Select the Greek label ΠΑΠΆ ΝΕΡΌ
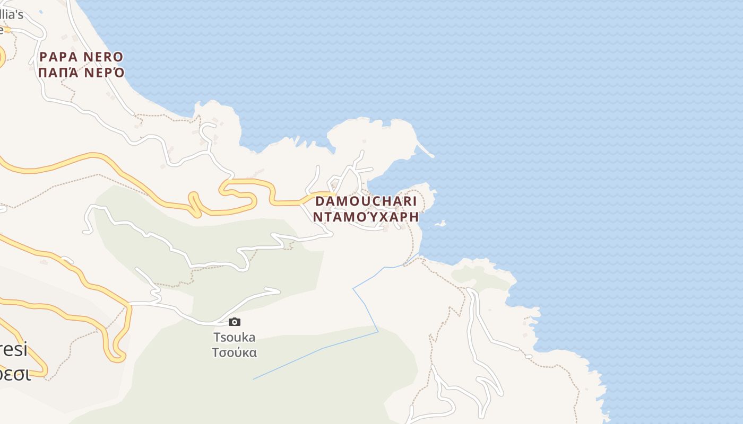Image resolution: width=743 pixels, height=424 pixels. (81, 73)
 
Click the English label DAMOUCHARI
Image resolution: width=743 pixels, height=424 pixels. (366, 201)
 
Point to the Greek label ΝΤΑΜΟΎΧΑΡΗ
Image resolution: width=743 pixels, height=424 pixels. (366, 217)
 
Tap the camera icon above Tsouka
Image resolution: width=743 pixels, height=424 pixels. (235, 322)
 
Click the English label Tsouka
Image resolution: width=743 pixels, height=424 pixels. (234, 337)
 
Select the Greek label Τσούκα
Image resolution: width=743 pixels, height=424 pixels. (234, 352)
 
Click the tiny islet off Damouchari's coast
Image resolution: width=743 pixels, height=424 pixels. (440, 224)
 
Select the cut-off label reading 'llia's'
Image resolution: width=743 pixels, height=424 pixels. (12, 14)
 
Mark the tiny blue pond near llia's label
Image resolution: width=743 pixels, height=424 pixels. (41, 11)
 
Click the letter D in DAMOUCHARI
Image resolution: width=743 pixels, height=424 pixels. (320, 201)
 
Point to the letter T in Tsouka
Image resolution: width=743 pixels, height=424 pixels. (217, 337)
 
